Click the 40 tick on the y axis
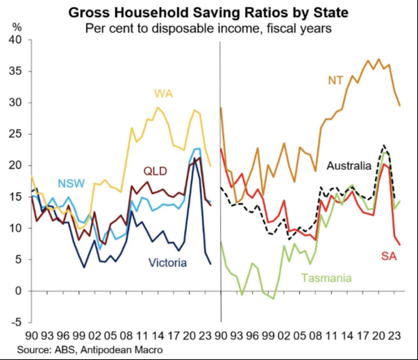[x=15, y=40]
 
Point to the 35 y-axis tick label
[x=15, y=71]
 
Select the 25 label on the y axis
[x=15, y=134]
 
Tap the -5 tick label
[x=16, y=323]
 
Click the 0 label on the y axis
[x=19, y=291]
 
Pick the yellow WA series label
[x=164, y=94]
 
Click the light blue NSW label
[x=72, y=183]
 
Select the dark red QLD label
[x=156, y=171]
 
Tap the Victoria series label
[x=167, y=263]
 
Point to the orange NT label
[x=335, y=80]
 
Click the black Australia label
[x=349, y=166]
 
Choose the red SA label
[x=389, y=256]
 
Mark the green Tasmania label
[x=326, y=278]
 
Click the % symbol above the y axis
[x=17, y=27]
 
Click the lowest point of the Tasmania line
[x=274, y=299]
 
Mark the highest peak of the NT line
[x=379, y=59]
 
